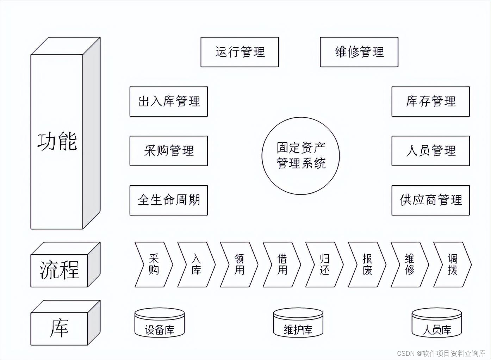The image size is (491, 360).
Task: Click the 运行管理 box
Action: click(x=240, y=52)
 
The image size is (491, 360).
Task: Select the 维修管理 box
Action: click(x=359, y=52)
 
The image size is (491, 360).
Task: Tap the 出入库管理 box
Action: click(x=168, y=101)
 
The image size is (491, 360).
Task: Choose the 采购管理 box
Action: click(x=168, y=151)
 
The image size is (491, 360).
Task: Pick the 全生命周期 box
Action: click(x=168, y=200)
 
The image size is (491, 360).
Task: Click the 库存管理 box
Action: click(x=430, y=101)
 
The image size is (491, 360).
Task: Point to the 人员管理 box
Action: click(x=430, y=151)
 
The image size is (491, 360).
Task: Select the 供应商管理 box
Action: click(x=430, y=200)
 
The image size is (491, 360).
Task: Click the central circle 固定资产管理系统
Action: click(x=300, y=156)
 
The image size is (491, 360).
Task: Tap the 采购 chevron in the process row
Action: click(x=154, y=264)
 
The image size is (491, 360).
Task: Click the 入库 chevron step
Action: click(x=197, y=264)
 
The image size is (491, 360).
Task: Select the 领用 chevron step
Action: click(x=239, y=264)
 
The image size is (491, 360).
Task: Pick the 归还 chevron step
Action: click(x=324, y=264)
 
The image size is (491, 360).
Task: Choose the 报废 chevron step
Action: click(x=367, y=264)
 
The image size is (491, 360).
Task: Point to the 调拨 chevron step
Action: click(x=452, y=264)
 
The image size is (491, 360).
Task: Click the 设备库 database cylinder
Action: click(x=160, y=323)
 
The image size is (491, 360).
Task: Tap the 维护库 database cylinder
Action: click(x=298, y=323)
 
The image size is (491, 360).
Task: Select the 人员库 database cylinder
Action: click(x=437, y=323)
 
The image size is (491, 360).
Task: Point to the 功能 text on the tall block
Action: click(x=57, y=142)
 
